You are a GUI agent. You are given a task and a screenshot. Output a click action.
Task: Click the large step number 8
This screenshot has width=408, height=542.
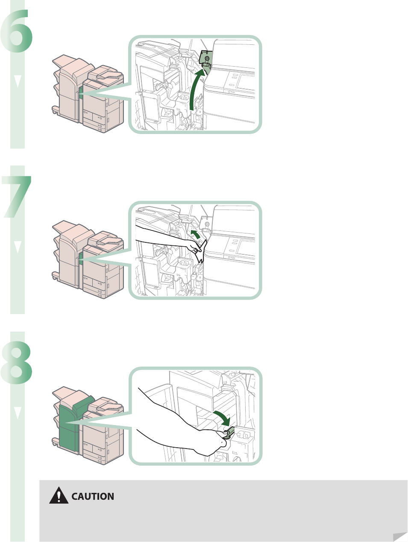(17, 363)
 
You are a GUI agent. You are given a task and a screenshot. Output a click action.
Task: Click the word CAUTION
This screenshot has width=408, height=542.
(93, 497)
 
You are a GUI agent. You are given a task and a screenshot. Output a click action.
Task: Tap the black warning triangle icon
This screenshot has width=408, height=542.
(59, 496)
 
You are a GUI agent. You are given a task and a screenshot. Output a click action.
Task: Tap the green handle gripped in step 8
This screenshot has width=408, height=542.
(229, 433)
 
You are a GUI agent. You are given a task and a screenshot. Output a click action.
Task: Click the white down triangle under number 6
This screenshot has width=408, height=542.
(17, 81)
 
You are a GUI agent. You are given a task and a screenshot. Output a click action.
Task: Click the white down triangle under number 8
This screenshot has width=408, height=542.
(17, 412)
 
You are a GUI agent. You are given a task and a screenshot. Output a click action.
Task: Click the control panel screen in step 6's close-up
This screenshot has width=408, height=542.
(247, 81)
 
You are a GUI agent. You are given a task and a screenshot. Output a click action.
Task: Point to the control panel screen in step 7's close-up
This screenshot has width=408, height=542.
(247, 246)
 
